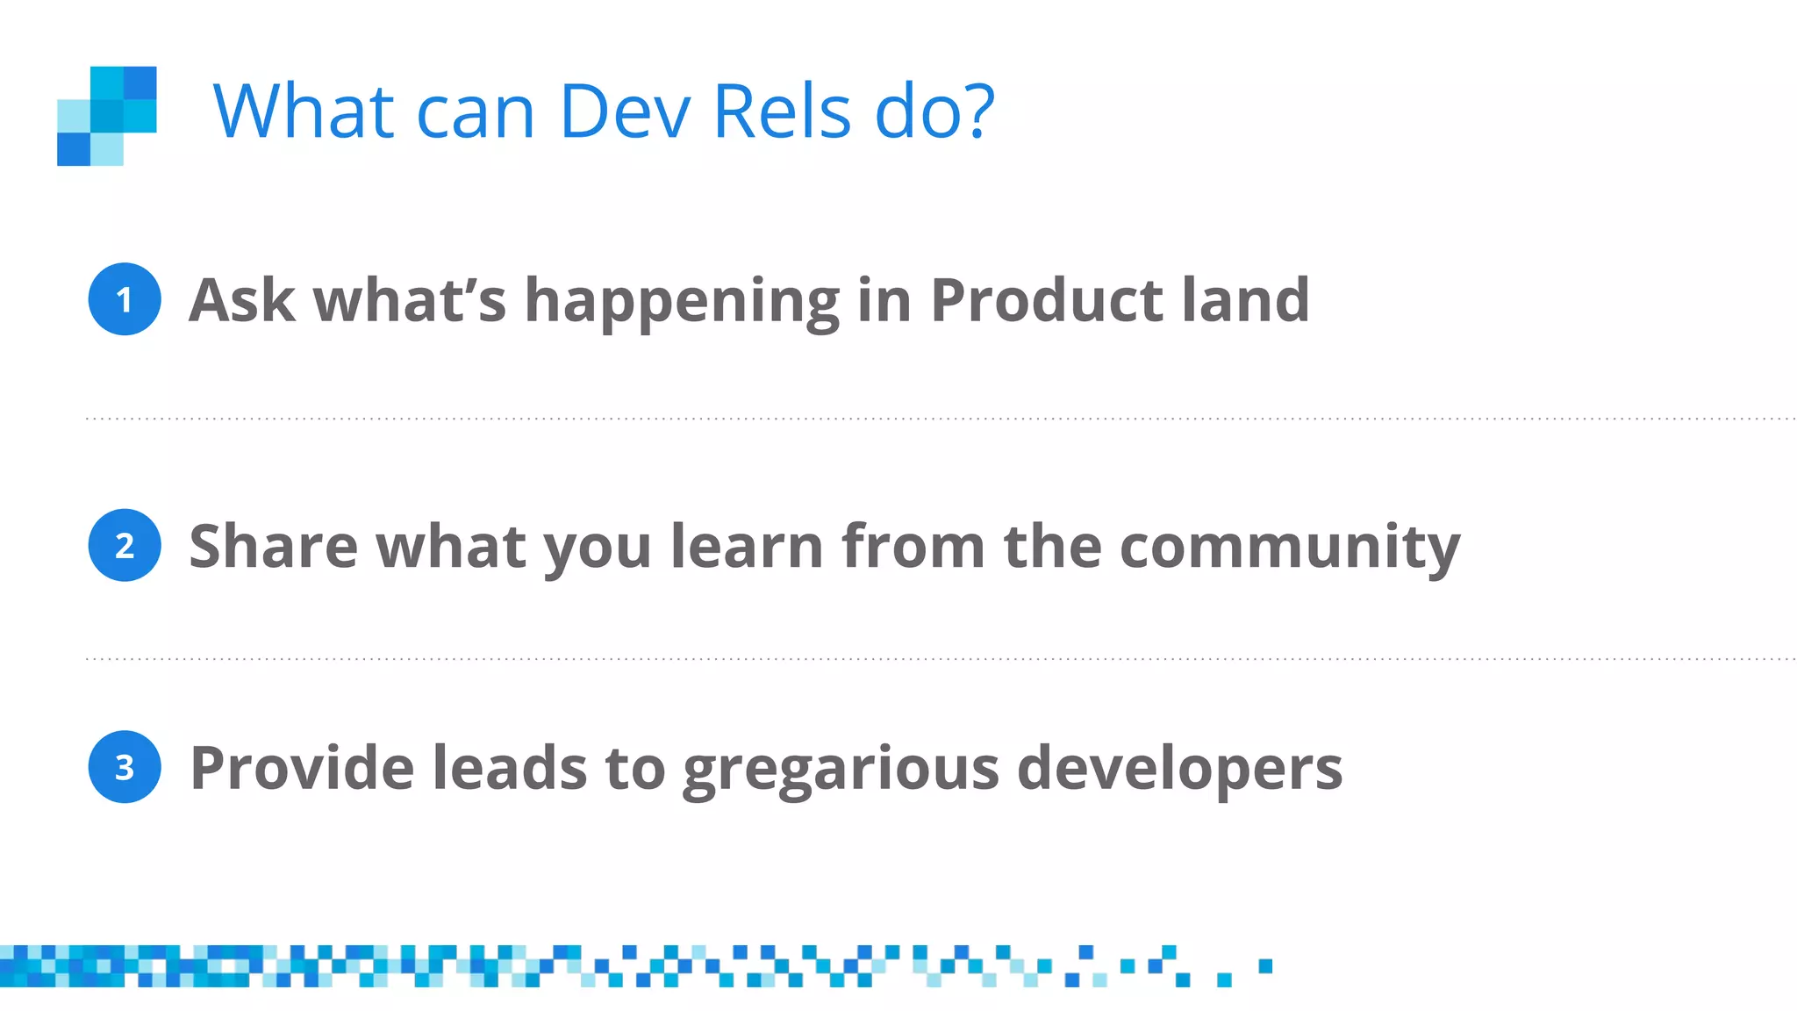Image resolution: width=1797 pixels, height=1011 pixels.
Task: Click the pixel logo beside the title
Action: pos(107,116)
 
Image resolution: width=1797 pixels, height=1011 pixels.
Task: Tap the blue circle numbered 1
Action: pos(125,299)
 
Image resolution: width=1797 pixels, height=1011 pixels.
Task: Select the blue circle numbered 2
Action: pos(125,545)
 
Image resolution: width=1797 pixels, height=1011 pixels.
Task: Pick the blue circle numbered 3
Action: pos(125,767)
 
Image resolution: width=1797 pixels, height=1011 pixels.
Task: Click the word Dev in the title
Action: pos(625,111)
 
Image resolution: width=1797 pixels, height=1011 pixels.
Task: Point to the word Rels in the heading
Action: pos(782,111)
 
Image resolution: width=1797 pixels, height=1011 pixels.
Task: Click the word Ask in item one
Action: pos(241,300)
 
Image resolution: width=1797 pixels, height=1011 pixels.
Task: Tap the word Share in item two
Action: pos(273,546)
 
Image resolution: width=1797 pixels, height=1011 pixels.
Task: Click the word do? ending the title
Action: pos(935,111)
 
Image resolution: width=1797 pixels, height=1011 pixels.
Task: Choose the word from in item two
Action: pos(913,546)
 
